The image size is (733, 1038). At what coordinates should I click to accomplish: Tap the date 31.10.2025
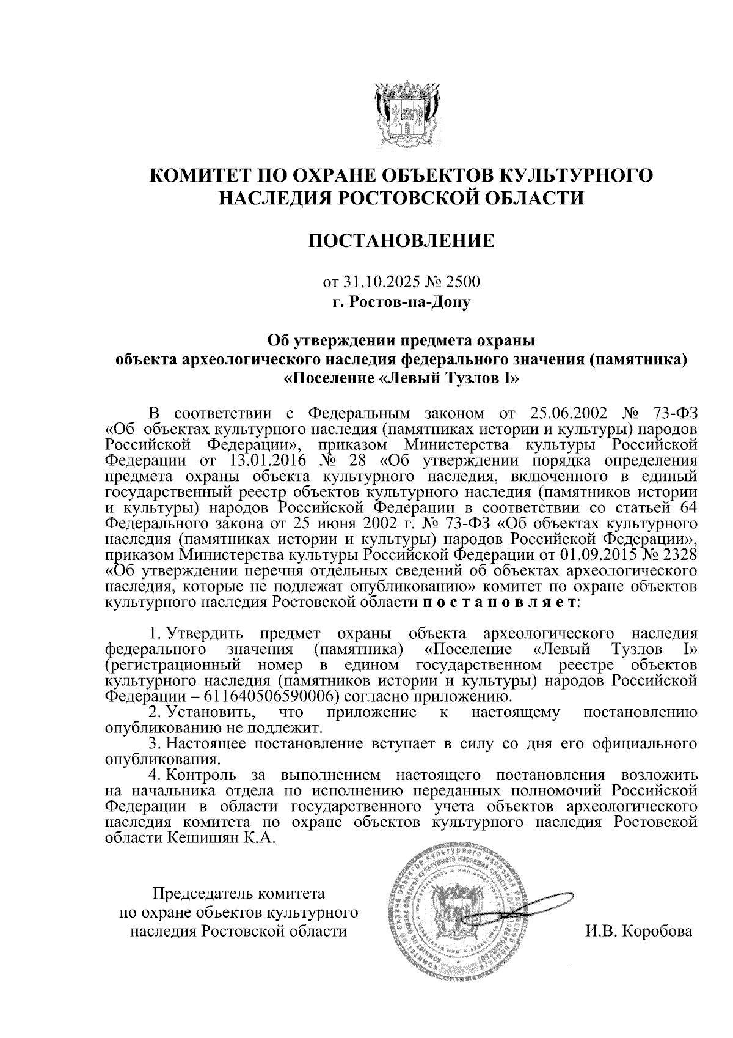point(375,282)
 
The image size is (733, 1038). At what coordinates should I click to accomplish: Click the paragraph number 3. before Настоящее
point(156,744)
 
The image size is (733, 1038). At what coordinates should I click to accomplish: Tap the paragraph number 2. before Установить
point(156,712)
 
